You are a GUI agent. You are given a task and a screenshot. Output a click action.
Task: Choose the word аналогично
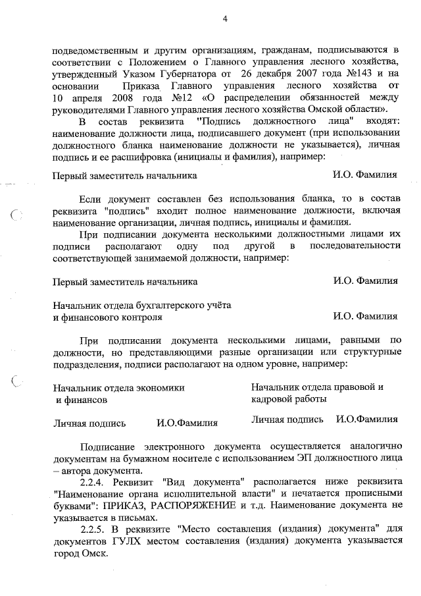pyautogui.click(x=370, y=443)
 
